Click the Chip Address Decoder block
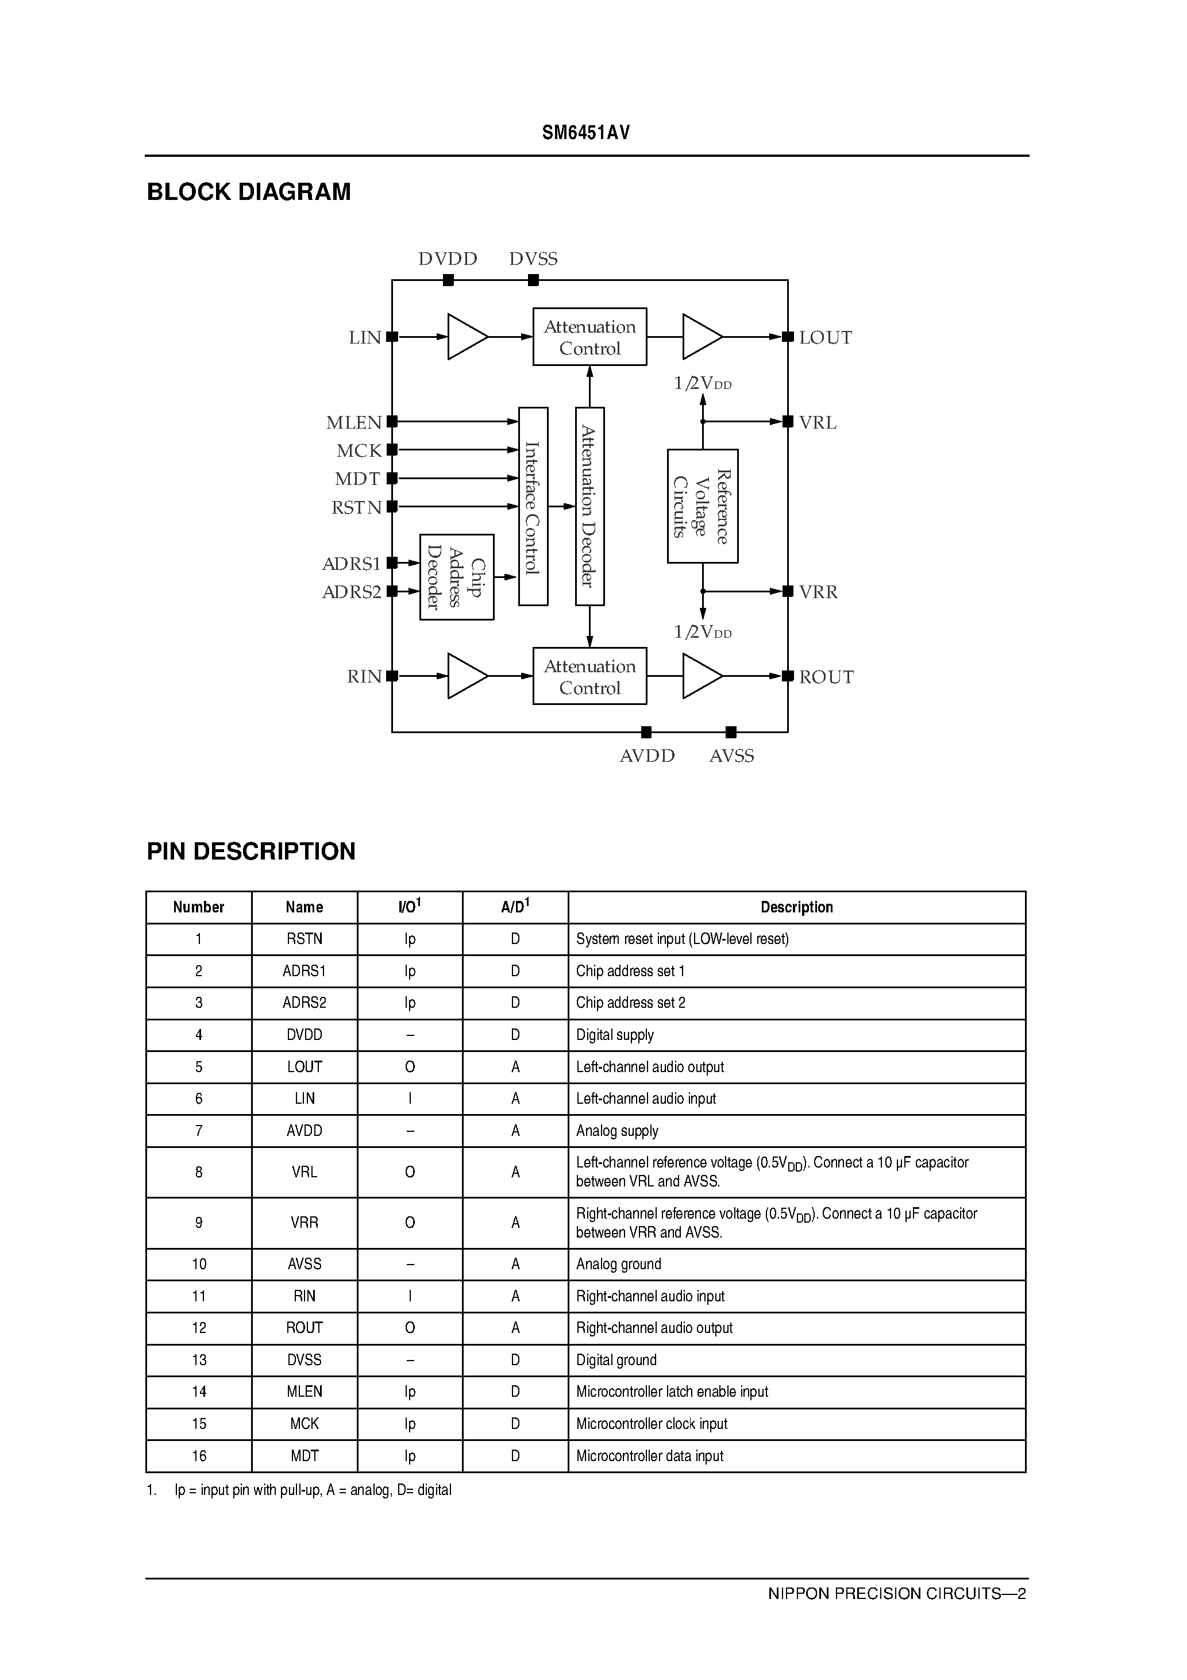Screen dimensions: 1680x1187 (457, 577)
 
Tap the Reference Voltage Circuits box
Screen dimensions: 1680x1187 (703, 506)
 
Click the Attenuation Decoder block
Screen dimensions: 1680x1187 (590, 506)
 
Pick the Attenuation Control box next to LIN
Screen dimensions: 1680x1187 (590, 337)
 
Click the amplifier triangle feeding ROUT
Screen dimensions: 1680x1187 (701, 676)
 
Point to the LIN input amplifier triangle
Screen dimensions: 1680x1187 (466, 337)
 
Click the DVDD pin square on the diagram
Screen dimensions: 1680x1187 (449, 279)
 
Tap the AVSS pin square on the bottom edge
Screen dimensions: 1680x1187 (730, 732)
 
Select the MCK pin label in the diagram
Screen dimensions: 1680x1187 (359, 450)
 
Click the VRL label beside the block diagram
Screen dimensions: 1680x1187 (818, 423)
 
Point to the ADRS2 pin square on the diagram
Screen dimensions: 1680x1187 (392, 591)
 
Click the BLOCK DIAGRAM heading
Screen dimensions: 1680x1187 (249, 192)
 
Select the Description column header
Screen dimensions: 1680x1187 (796, 907)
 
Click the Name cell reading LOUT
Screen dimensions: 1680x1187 (305, 1067)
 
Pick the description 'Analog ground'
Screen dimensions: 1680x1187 (618, 1263)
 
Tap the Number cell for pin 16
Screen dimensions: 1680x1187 (199, 1455)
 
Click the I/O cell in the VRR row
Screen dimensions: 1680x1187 (410, 1222)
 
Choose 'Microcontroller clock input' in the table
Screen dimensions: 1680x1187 (652, 1423)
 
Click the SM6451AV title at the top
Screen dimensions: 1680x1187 (585, 133)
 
